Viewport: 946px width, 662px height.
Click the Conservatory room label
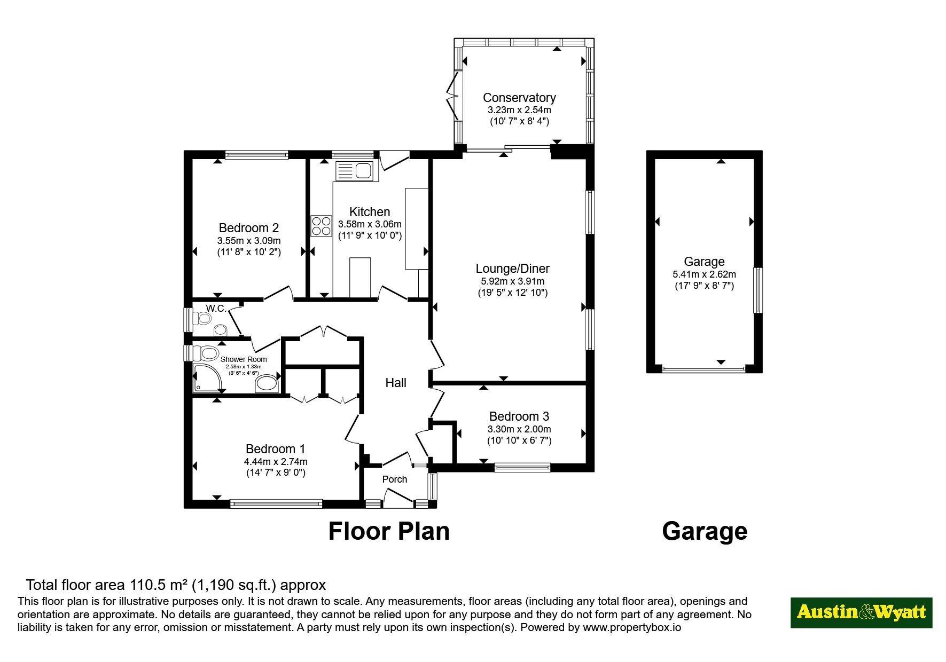(519, 98)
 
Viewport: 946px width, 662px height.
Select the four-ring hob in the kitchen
(321, 225)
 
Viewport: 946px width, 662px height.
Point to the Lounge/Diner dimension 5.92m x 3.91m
(512, 281)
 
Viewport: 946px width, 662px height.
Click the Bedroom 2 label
(249, 228)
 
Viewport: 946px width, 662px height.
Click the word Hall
(396, 383)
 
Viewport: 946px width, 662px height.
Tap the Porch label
(395, 479)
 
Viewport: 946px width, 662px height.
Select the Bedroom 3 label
(519, 416)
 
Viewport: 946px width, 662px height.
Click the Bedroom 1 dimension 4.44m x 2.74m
(276, 462)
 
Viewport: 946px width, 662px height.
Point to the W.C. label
(216, 309)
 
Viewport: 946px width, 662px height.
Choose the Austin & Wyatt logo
(861, 612)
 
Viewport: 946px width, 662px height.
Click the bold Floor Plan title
(389, 531)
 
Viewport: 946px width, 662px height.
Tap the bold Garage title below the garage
(705, 531)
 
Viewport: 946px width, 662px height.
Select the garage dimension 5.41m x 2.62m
(704, 274)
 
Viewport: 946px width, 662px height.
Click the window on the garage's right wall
(758, 290)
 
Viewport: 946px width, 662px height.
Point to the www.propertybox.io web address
(632, 628)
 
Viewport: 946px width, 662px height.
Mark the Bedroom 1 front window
(276, 503)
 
